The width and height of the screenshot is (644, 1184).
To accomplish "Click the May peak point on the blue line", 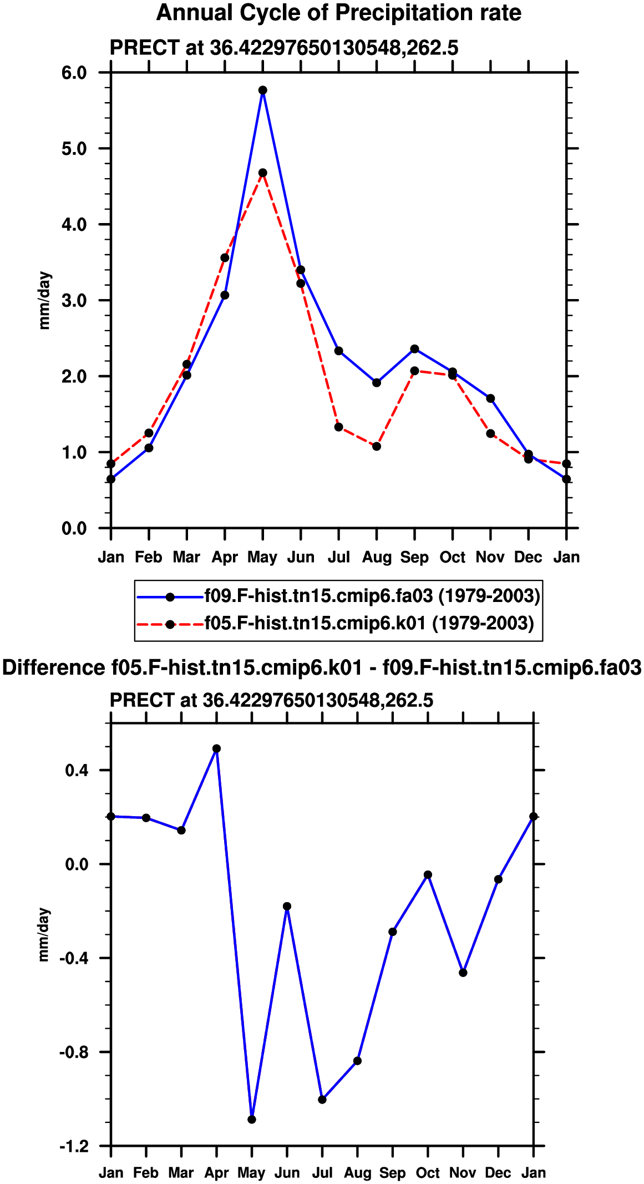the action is [x=263, y=90].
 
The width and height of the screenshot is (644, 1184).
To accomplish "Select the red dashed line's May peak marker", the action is [x=263, y=173].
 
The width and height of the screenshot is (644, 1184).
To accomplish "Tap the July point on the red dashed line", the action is [x=339, y=427].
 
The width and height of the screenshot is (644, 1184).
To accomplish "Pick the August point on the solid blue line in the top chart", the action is [x=377, y=382].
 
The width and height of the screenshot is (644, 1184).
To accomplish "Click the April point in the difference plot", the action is [x=217, y=748].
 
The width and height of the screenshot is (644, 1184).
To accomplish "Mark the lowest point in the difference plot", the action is [x=252, y=1119].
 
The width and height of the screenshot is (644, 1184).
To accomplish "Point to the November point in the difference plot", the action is [x=463, y=973].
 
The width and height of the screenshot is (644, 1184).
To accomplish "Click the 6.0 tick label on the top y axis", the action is [x=74, y=73].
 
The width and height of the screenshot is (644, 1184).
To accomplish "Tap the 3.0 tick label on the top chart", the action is [x=74, y=300].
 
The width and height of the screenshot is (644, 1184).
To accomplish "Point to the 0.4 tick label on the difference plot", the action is [x=77, y=770].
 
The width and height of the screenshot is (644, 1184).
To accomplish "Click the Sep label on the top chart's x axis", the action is [x=414, y=558].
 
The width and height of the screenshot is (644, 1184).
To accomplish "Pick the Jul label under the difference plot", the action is [x=322, y=1172].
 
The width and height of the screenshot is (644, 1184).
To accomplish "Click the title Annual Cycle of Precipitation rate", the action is [x=339, y=13].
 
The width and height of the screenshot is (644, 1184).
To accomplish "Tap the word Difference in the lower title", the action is [x=53, y=667].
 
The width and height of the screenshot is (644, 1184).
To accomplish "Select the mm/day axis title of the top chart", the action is [x=44, y=300].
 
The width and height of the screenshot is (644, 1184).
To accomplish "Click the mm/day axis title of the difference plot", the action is [x=44, y=934].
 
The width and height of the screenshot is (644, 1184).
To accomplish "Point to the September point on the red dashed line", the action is [x=414, y=371].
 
